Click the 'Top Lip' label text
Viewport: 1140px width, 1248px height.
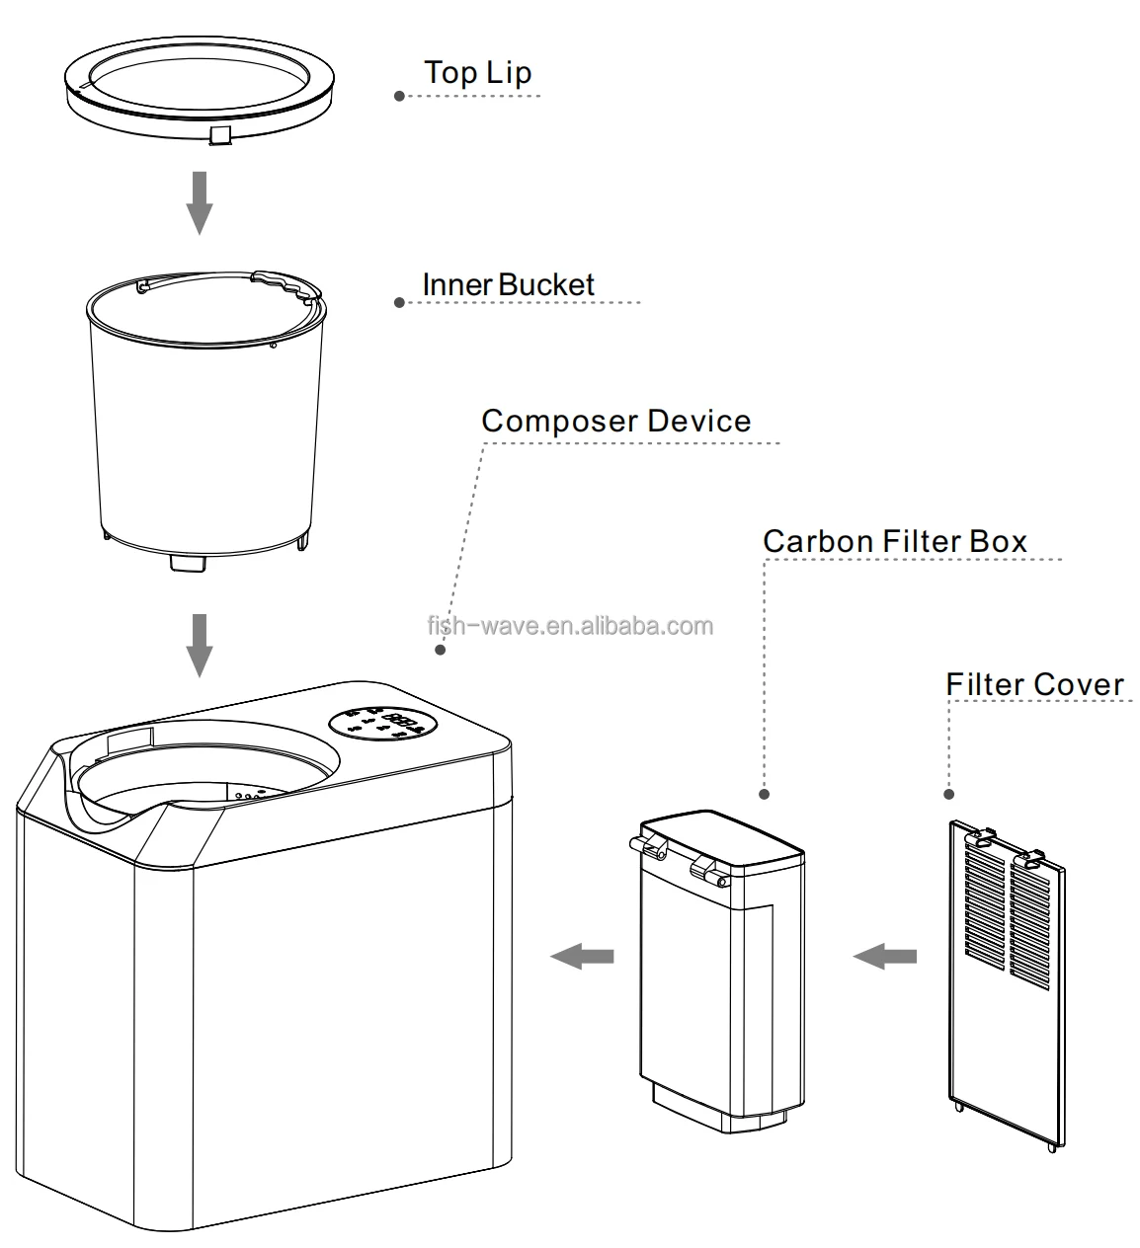(477, 73)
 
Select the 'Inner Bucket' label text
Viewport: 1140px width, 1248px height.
(509, 284)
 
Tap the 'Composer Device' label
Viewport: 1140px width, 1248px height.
(616, 421)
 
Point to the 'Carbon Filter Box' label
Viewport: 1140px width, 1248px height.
(895, 541)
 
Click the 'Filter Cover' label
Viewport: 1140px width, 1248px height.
(1034, 684)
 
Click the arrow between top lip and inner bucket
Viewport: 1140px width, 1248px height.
(200, 201)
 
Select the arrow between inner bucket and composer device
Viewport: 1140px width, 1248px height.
(200, 644)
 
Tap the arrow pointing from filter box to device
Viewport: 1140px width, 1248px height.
(582, 956)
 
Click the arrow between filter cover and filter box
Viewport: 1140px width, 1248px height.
(884, 956)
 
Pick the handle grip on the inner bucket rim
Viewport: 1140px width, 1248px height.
(286, 285)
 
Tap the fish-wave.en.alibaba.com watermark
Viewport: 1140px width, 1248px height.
(569, 626)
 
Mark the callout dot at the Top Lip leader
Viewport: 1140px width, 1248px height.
(399, 96)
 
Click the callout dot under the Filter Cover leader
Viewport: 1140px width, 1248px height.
(949, 794)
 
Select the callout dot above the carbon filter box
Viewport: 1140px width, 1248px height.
(764, 794)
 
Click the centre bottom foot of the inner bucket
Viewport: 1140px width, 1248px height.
(185, 563)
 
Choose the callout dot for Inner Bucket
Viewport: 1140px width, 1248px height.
(399, 302)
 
